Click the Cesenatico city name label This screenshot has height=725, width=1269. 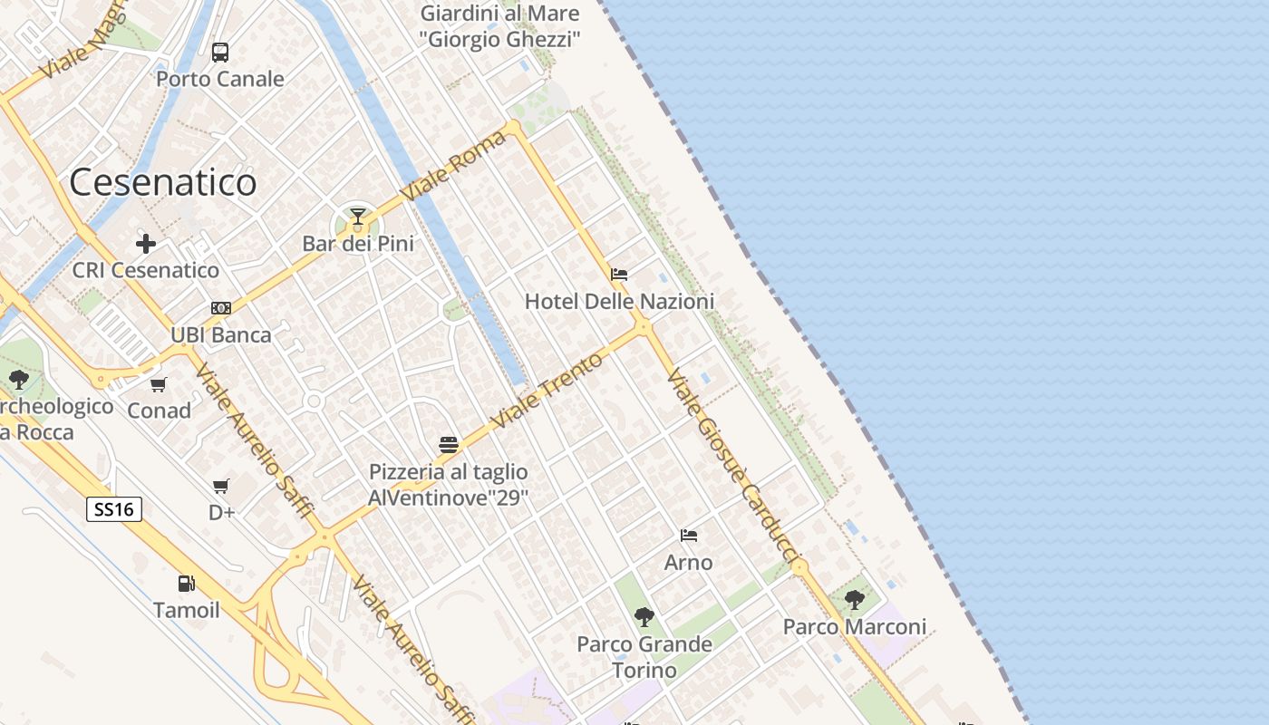pyautogui.click(x=163, y=183)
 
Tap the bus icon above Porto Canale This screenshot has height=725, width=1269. pyautogui.click(x=220, y=53)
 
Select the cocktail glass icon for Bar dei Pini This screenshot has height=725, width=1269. pyautogui.click(x=358, y=217)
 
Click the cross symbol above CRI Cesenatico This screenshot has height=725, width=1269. pyautogui.click(x=146, y=244)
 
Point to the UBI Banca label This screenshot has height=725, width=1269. pyautogui.click(x=221, y=335)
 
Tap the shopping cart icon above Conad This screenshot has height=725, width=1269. pyautogui.click(x=159, y=384)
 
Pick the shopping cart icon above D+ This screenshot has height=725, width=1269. pyautogui.click(x=221, y=487)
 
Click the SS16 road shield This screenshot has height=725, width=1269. pyautogui.click(x=114, y=509)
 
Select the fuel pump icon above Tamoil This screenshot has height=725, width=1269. pyautogui.click(x=186, y=584)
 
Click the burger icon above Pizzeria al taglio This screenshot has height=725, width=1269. pyautogui.click(x=448, y=445)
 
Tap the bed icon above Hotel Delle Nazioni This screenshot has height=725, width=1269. pyautogui.click(x=619, y=275)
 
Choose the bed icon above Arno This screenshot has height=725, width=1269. pyautogui.click(x=689, y=536)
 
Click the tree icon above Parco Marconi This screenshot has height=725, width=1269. pyautogui.click(x=854, y=599)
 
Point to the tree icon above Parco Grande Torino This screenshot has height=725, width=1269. pyautogui.click(x=644, y=617)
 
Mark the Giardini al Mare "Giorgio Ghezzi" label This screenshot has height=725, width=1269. pyautogui.click(x=499, y=27)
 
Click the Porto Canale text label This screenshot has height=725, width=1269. pyautogui.click(x=220, y=80)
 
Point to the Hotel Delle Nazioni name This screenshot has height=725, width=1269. pyautogui.click(x=619, y=302)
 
